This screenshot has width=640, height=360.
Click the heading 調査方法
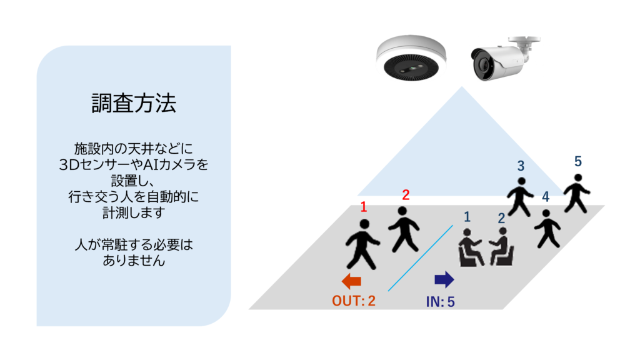click(x=133, y=103)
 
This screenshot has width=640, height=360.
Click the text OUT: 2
click(x=354, y=301)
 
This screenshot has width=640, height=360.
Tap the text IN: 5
click(x=440, y=301)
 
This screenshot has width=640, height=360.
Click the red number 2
click(x=406, y=195)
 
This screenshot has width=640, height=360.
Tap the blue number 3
click(x=520, y=166)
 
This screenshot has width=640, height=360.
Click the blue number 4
click(x=546, y=197)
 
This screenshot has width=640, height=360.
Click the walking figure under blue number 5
click(x=576, y=192)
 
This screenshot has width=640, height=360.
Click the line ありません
click(x=133, y=260)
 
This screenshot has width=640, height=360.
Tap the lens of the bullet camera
click(x=483, y=64)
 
